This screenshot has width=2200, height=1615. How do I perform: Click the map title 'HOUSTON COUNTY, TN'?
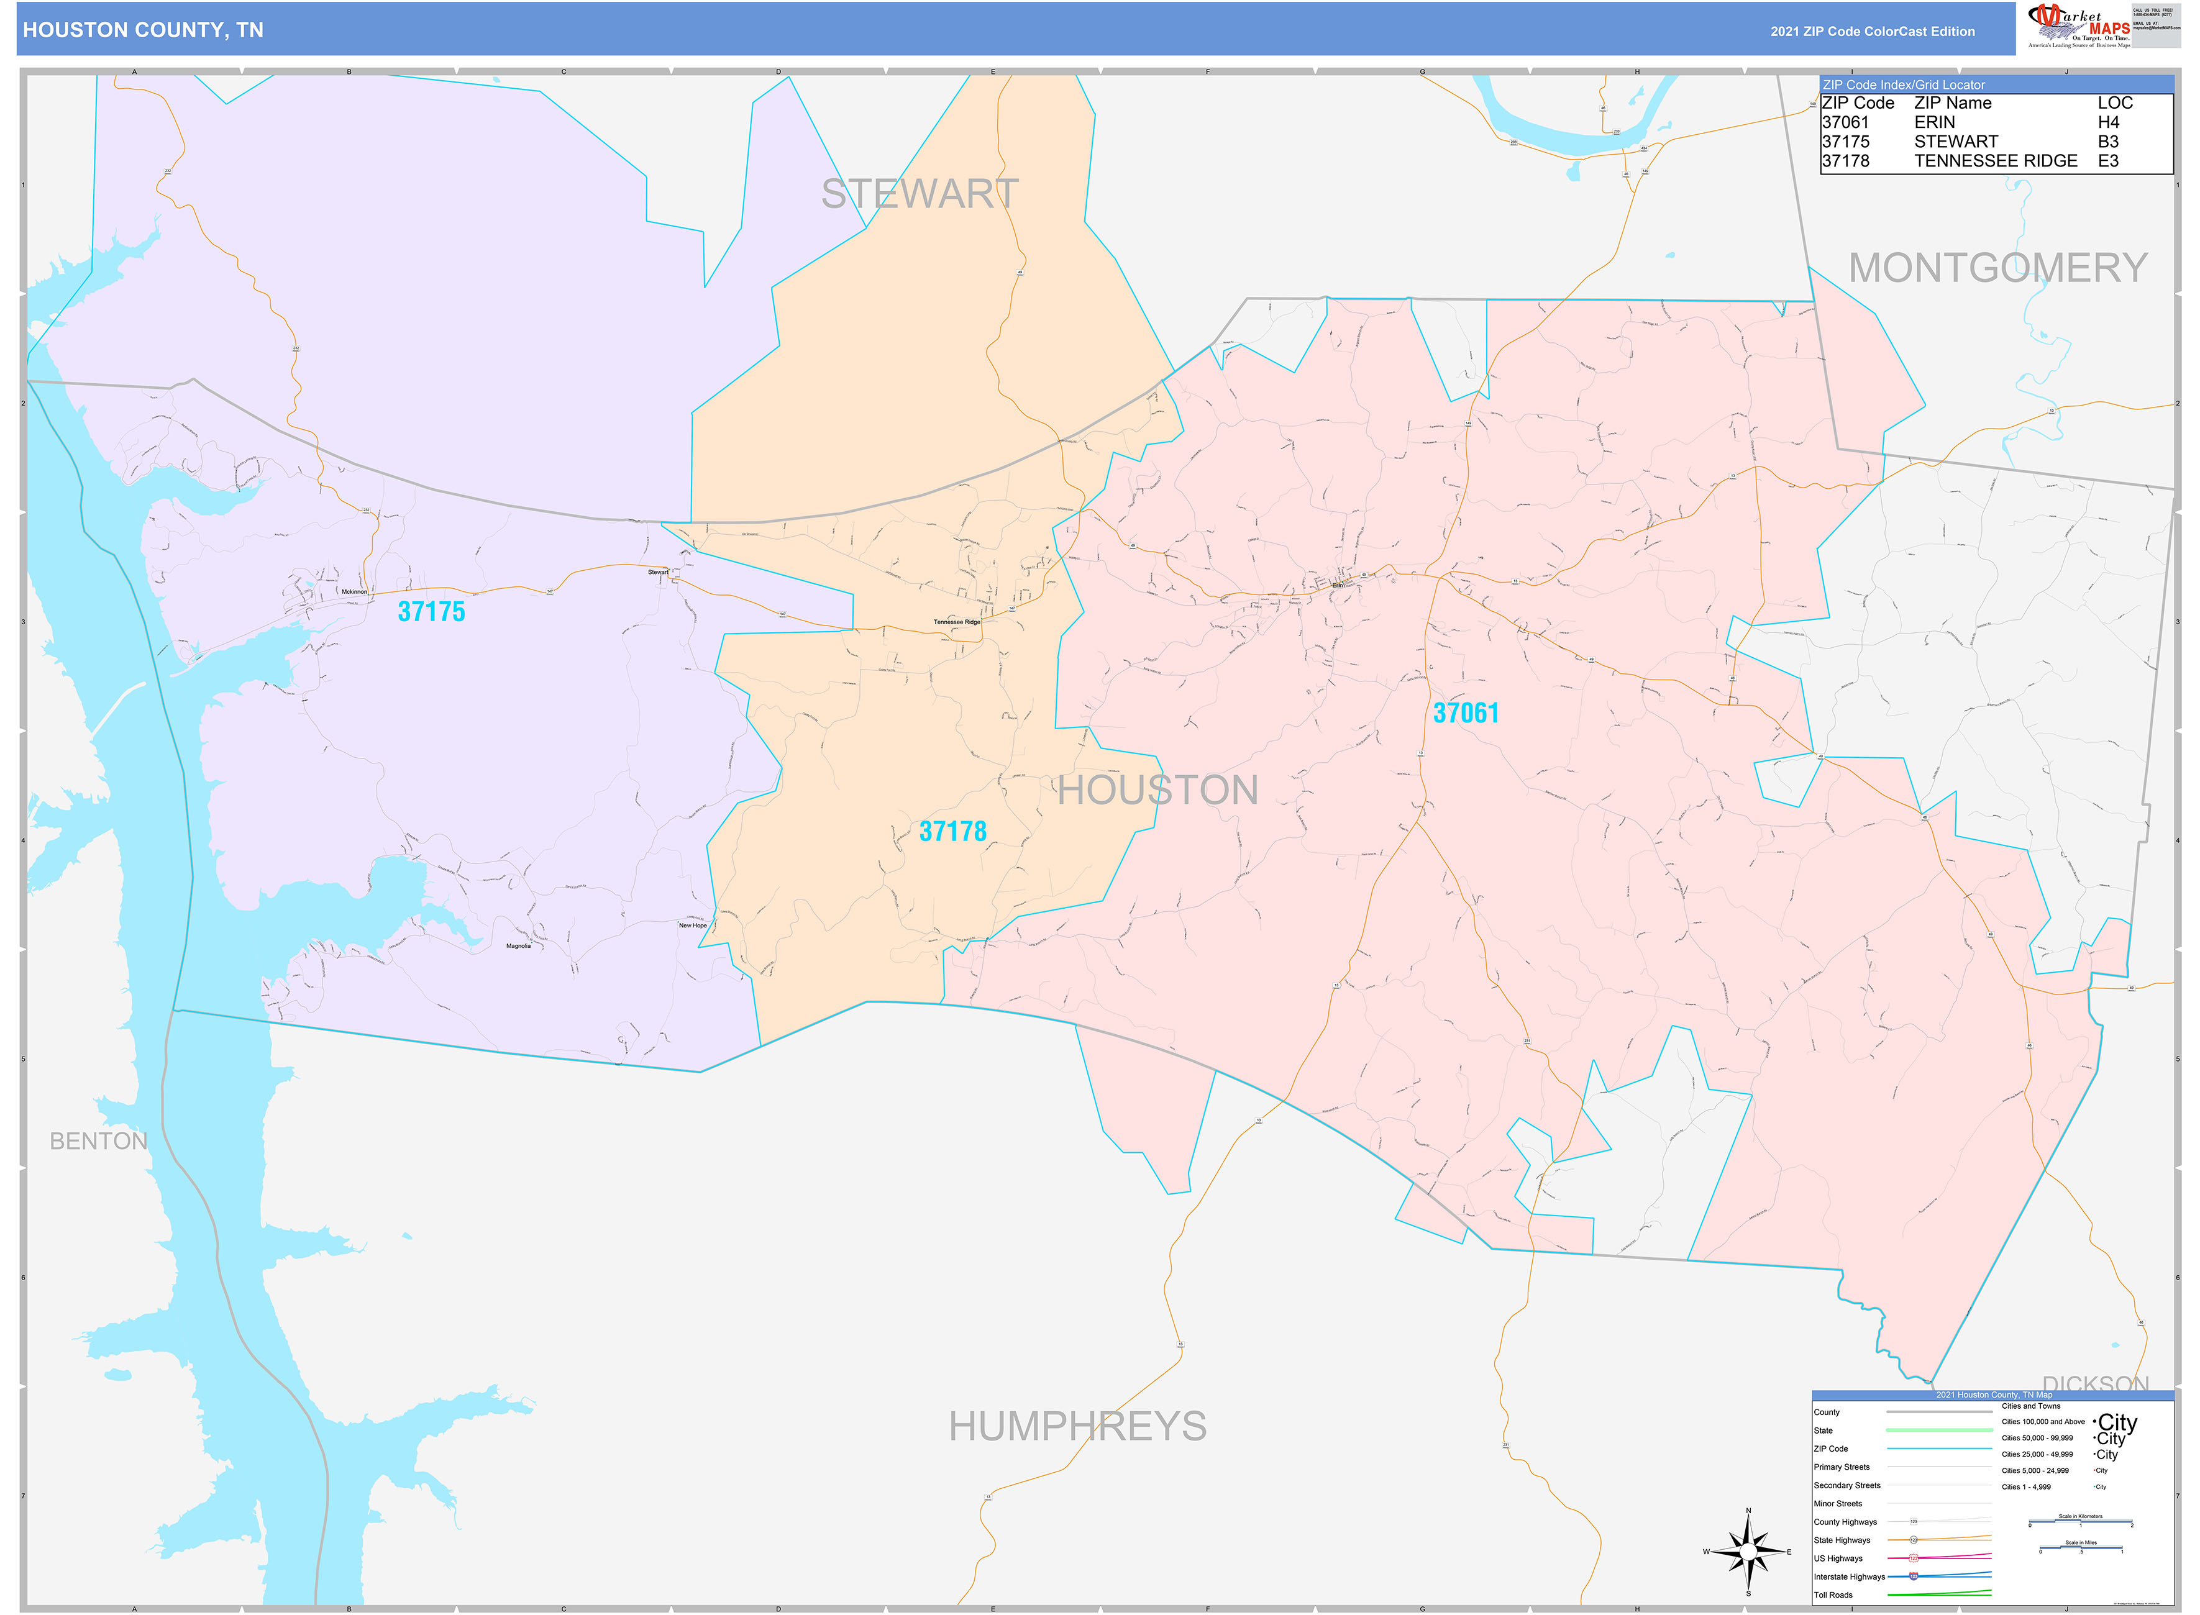[143, 30]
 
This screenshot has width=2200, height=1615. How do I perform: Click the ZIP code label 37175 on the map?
[431, 612]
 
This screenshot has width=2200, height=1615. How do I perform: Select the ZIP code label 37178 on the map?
[952, 832]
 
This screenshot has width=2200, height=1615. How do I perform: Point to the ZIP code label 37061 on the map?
[1465, 714]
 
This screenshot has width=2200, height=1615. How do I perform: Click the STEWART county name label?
[919, 194]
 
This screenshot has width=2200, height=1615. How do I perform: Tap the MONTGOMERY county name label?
[1997, 268]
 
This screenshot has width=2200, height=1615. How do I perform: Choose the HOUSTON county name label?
[1157, 790]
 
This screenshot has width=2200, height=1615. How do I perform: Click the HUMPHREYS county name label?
[1077, 1426]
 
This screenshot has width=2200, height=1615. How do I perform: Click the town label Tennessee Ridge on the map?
[956, 622]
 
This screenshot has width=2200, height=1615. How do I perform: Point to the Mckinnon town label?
[354, 591]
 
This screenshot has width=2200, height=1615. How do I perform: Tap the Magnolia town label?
[518, 945]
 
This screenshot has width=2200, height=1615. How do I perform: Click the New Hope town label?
[692, 925]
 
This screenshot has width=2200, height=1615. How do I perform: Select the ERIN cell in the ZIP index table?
[1934, 122]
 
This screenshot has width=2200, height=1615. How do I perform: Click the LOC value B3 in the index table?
[2108, 142]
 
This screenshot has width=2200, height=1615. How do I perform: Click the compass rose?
[1748, 1552]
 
